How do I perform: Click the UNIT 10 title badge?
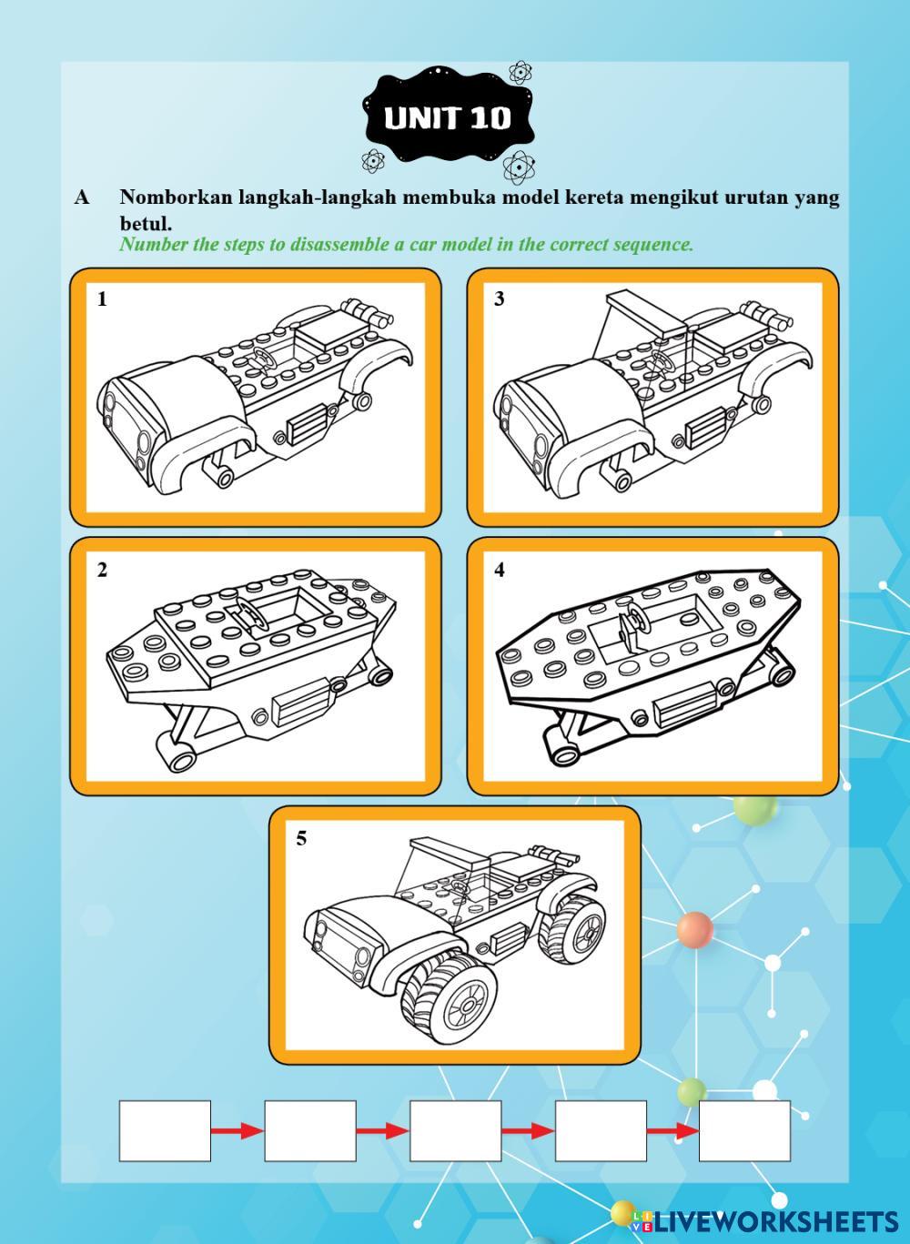[x=448, y=117]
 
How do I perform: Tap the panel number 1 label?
[x=102, y=300]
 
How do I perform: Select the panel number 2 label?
[x=102, y=571]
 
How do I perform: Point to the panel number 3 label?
[x=500, y=299]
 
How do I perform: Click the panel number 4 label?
[x=500, y=571]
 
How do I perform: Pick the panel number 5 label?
[x=301, y=838]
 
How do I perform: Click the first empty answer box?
[x=165, y=1130]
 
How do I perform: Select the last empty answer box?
[x=744, y=1130]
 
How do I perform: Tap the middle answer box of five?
[x=455, y=1130]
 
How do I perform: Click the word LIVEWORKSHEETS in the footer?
[x=773, y=1221]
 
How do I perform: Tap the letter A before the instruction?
[x=82, y=197]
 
